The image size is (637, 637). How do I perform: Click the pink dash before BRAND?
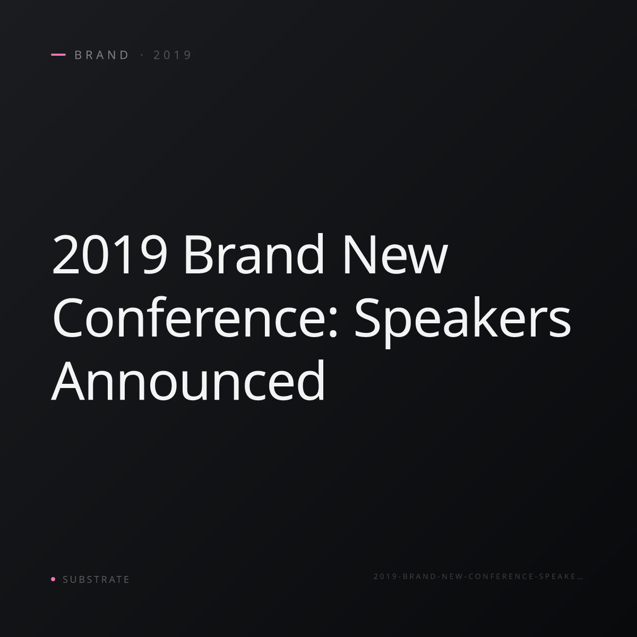[x=58, y=55]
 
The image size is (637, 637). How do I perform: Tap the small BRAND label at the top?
[x=102, y=55]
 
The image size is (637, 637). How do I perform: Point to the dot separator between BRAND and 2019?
[x=142, y=55]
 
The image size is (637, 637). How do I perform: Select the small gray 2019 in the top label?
[x=172, y=55]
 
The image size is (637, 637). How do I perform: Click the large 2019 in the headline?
[x=110, y=254]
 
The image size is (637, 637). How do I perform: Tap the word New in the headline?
[x=395, y=254]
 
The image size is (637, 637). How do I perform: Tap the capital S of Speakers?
[x=367, y=317]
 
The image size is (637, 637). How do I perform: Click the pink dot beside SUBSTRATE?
[x=53, y=579]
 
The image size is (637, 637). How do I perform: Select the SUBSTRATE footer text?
[x=96, y=579]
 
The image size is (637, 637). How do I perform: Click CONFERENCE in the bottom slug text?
[x=501, y=576]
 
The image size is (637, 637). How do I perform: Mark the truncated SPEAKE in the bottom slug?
[x=557, y=576]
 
